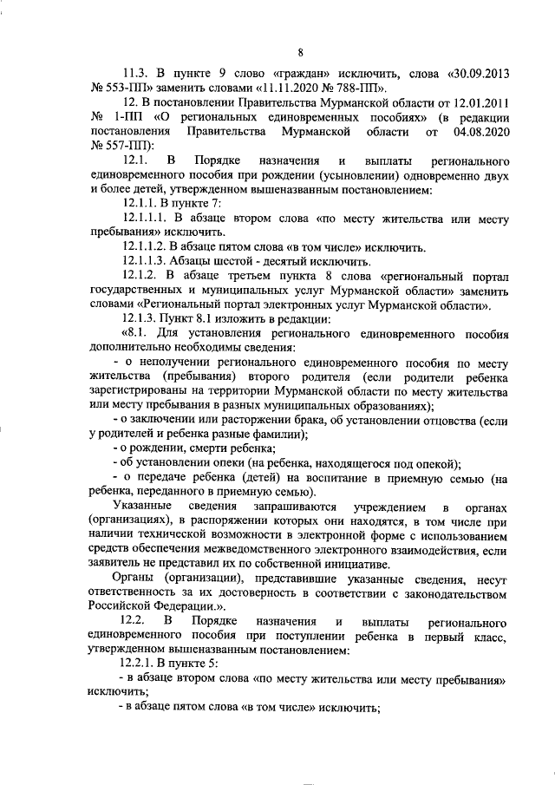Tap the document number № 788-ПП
[x=361, y=88]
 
